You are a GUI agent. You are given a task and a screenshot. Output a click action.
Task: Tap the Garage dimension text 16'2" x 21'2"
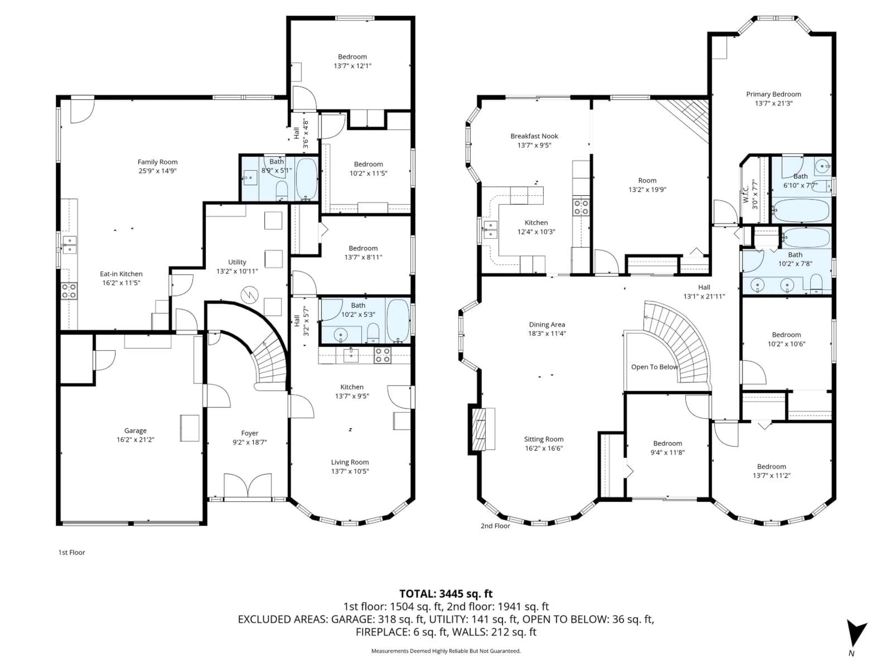point(135,439)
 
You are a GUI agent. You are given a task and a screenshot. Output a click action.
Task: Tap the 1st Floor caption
point(72,552)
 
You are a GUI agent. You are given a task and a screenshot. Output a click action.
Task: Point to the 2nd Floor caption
point(495,526)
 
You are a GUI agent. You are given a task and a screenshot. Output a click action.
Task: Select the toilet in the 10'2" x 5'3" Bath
point(374,333)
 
